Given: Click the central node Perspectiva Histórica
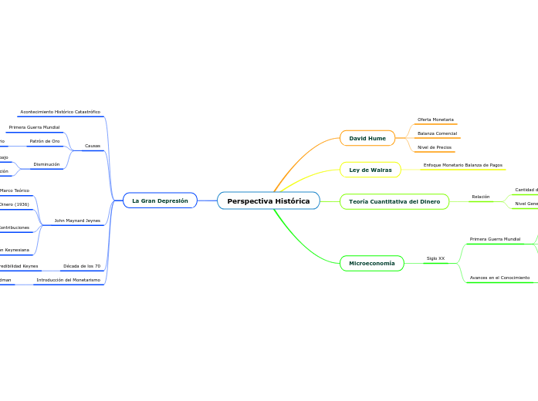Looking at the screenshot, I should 268,201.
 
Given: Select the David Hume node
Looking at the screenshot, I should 367,138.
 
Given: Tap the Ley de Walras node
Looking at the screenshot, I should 370,170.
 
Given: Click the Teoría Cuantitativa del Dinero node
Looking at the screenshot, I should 394,201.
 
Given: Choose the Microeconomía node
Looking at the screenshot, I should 371,264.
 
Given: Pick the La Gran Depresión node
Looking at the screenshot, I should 160,200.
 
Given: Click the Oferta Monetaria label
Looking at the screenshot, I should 435,120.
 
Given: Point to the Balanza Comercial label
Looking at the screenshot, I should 437,133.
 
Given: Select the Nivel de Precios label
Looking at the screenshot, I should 435,147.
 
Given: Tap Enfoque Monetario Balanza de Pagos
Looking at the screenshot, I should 462,165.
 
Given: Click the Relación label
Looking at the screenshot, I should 480,197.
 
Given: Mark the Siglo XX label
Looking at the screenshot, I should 435,258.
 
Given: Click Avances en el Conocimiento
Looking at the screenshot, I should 499,278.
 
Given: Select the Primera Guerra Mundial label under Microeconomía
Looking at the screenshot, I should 495,239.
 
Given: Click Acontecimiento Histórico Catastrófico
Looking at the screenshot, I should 60,112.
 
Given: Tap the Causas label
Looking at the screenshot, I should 93,146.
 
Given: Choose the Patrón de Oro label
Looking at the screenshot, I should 44,141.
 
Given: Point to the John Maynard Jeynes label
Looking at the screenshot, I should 77,221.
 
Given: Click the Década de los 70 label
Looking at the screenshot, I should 82,266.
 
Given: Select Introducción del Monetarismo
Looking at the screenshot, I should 68,280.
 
